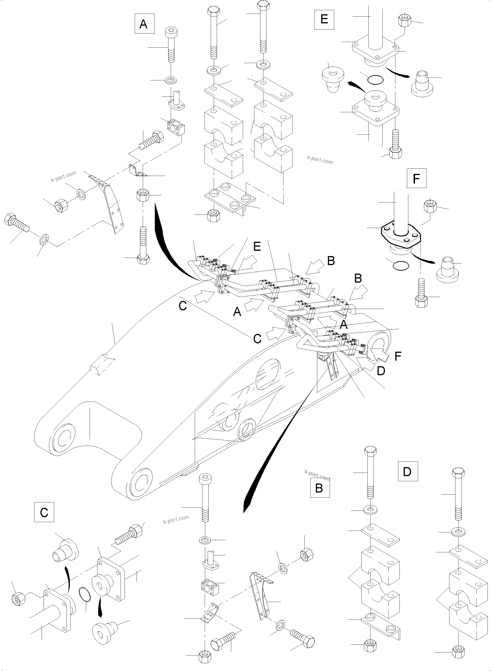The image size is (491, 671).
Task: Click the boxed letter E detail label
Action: click(x=324, y=19)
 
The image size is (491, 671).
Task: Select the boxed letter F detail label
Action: click(x=416, y=178)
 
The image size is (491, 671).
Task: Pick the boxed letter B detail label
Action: click(x=320, y=487)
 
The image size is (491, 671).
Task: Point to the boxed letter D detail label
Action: click(x=408, y=471)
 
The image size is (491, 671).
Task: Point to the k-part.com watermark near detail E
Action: click(x=320, y=160)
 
